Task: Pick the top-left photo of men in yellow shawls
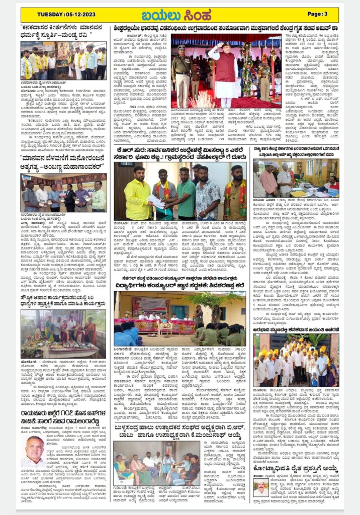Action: point(63,60)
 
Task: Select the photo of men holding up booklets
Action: point(63,193)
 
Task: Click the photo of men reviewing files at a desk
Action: point(296,179)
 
